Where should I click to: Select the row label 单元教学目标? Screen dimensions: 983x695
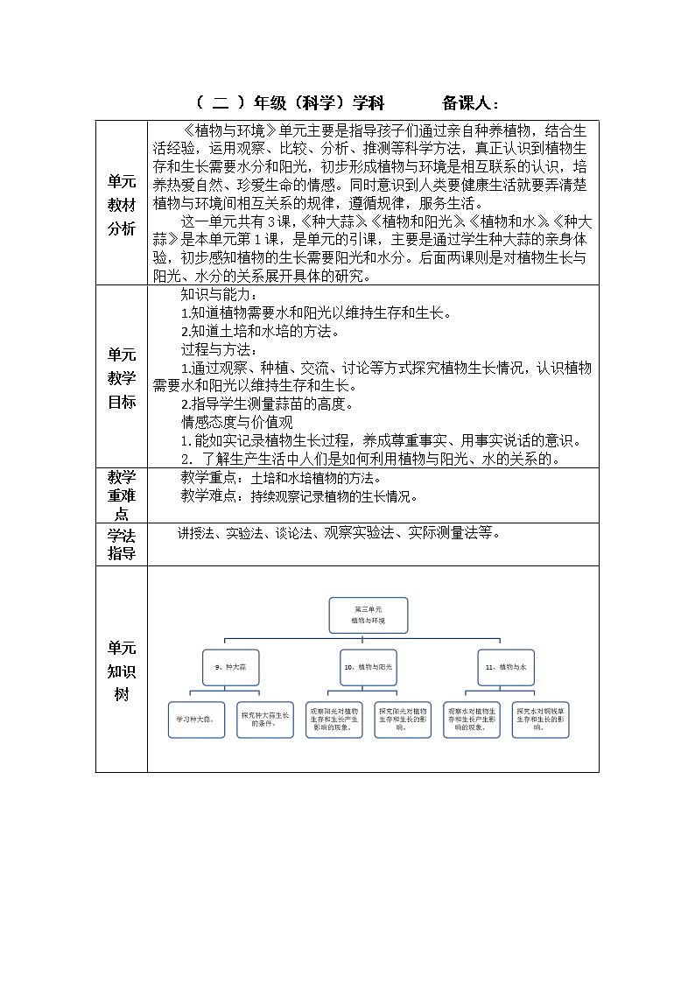point(122,378)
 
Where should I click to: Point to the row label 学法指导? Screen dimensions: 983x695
point(122,543)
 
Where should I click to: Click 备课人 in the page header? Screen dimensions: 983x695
point(471,102)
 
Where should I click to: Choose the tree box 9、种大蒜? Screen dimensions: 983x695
point(230,666)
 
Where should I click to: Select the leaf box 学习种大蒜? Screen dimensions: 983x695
point(196,720)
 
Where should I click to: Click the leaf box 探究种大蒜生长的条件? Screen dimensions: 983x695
point(265,720)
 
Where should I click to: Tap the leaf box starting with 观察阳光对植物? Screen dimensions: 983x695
point(333,720)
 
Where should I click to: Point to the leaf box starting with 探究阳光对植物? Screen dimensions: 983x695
point(403,720)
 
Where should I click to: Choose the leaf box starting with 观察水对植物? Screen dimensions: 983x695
point(472,720)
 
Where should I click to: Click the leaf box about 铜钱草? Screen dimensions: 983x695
point(541,720)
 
